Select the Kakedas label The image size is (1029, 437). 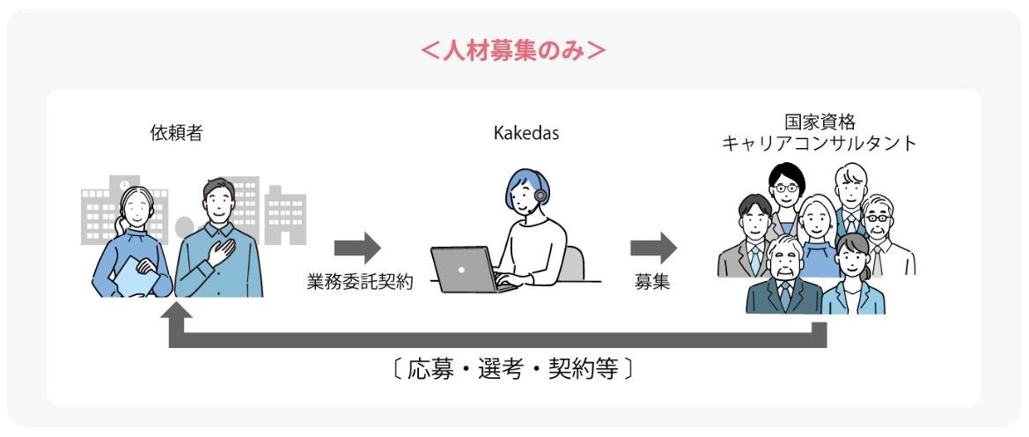(526, 134)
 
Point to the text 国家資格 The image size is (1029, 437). (816, 122)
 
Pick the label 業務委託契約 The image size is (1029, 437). (360, 284)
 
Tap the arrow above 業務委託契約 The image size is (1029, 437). (357, 248)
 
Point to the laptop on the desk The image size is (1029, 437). (466, 269)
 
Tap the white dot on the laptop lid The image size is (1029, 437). (461, 266)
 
